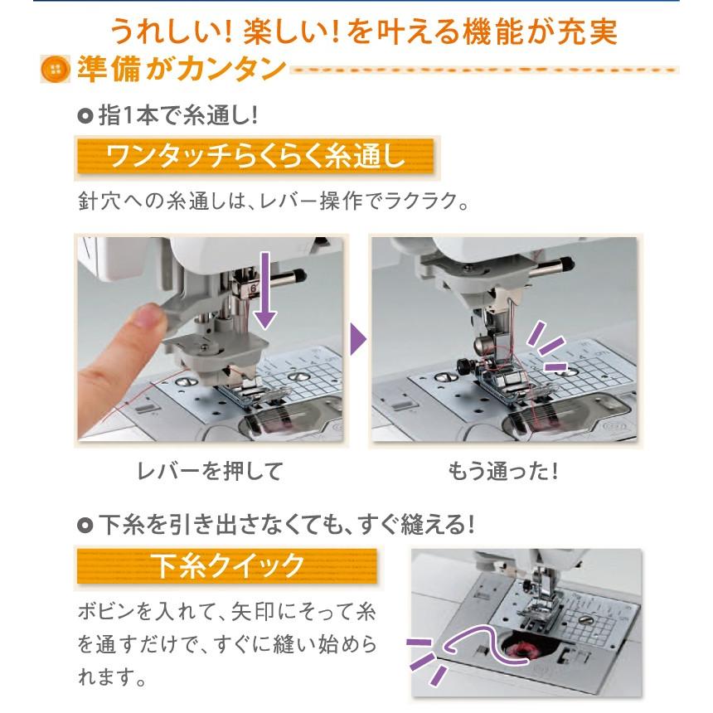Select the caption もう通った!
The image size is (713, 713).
click(503, 472)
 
